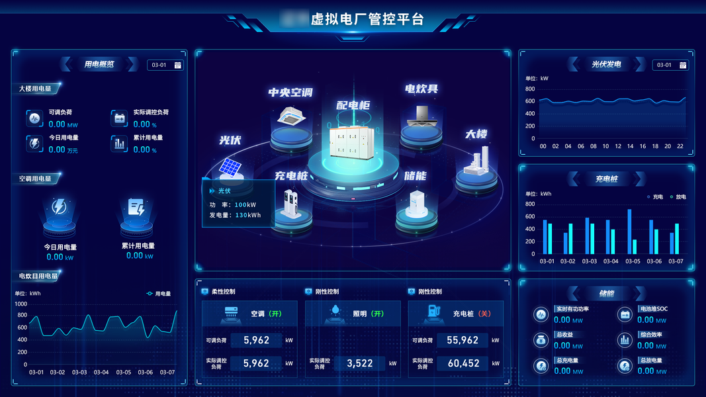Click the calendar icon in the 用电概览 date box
177,65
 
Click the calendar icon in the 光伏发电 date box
683,65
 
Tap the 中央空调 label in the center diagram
290,93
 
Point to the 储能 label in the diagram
416,176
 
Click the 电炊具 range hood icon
421,116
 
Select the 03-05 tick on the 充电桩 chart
633,261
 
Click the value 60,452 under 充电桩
463,363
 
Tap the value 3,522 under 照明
359,363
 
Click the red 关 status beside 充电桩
484,314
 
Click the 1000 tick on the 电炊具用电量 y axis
21,304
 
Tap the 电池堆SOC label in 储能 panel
653,309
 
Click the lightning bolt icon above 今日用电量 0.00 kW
59,207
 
